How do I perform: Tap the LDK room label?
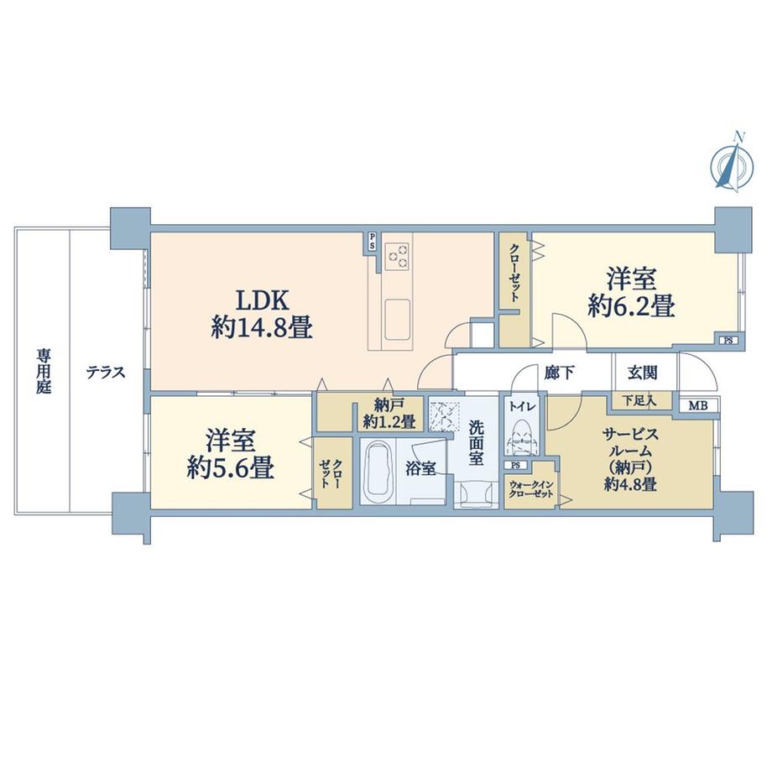262,300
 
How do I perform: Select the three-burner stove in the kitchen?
397,256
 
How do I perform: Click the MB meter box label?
697,406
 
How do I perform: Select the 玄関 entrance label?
643,373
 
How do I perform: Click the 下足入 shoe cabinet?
643,400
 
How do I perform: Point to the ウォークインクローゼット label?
531,489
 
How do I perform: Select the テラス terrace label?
106,373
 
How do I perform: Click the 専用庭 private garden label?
44,372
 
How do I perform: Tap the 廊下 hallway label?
560,373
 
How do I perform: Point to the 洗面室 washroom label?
476,442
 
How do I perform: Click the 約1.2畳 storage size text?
389,422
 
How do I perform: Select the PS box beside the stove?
373,242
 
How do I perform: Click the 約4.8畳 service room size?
630,484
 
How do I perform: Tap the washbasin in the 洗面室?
476,493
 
